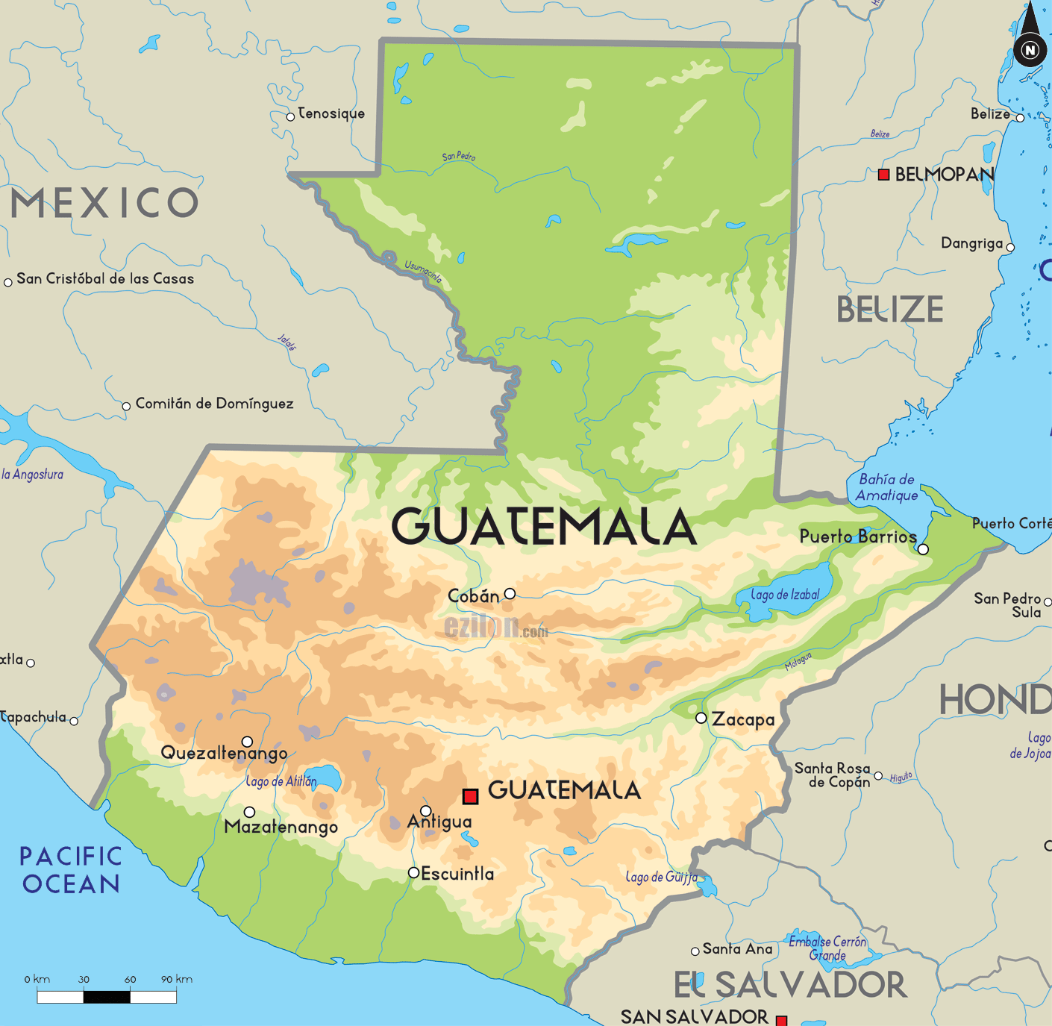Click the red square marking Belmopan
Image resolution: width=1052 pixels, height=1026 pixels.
883,175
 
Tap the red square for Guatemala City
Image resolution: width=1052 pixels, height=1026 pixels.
470,796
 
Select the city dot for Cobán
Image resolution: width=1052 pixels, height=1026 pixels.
510,594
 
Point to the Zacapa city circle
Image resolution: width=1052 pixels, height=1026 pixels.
701,718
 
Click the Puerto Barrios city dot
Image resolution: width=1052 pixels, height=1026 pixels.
923,549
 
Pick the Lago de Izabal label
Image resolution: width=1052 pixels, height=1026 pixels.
785,595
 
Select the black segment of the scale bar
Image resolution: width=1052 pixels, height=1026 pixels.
107,996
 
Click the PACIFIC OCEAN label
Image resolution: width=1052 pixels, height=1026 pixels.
71,870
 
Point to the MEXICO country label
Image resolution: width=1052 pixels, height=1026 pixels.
104,203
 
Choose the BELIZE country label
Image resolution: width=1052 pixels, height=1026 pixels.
889,310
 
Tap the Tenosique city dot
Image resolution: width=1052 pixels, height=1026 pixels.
290,117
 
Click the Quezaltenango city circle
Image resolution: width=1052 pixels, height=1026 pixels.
247,742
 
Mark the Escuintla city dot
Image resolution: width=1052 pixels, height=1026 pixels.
413,872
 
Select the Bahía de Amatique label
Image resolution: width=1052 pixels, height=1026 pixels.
886,487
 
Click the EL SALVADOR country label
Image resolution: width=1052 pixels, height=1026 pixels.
790,985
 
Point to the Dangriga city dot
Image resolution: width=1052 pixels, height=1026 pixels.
1010,248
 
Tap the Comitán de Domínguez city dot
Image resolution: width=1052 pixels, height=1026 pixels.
126,407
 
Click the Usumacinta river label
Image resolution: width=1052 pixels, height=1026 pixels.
423,271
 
